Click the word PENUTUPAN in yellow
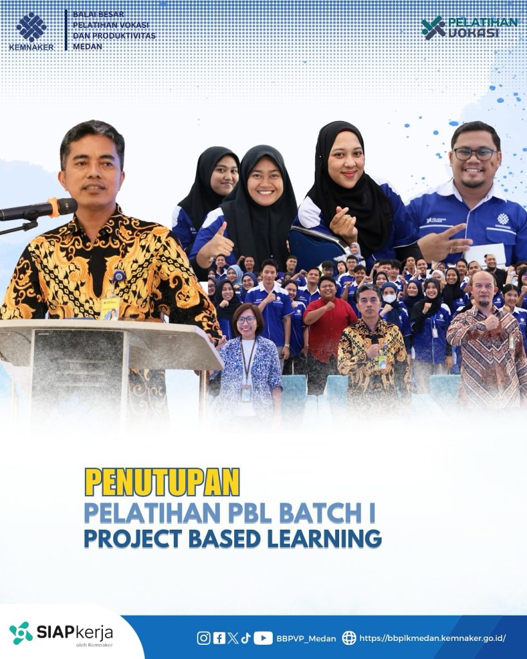(x=162, y=481)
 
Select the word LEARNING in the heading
(x=324, y=539)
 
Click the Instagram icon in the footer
(x=204, y=638)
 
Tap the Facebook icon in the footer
(x=219, y=638)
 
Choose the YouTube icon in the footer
(x=263, y=638)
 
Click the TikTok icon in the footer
(x=246, y=638)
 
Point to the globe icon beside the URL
(x=349, y=638)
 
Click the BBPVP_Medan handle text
(x=306, y=638)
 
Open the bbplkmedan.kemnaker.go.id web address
(x=432, y=638)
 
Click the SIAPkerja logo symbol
(x=21, y=633)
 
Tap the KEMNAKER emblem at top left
(x=31, y=27)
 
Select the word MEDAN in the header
(x=88, y=46)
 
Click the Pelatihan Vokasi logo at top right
(x=470, y=28)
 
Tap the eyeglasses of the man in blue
(x=475, y=154)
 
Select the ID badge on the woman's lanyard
(x=246, y=393)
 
